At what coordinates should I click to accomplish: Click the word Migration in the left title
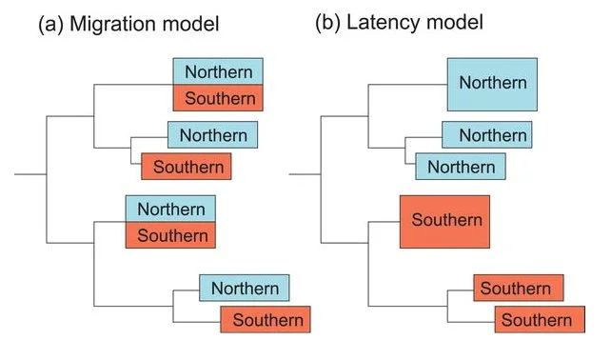(113, 25)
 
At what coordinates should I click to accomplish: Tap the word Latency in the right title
(383, 23)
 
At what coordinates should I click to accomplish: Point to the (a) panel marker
(50, 24)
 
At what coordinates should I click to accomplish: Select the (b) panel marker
(327, 23)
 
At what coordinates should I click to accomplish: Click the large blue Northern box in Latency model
(492, 85)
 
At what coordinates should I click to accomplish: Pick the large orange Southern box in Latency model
(444, 222)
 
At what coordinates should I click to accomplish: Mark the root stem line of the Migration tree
(30, 174)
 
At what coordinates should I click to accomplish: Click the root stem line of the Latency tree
(305, 174)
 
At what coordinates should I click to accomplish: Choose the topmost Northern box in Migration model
(218, 71)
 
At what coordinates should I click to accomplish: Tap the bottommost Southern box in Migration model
(266, 319)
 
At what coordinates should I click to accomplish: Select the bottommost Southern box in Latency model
(540, 319)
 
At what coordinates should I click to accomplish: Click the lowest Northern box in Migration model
(245, 288)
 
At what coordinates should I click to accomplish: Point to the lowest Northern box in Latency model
(461, 167)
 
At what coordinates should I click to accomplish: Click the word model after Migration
(190, 24)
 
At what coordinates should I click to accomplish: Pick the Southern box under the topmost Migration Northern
(218, 98)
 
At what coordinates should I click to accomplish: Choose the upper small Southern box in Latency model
(519, 288)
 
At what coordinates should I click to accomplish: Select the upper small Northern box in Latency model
(486, 135)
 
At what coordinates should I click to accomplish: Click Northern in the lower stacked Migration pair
(170, 209)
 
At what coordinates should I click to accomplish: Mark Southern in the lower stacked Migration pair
(170, 235)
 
